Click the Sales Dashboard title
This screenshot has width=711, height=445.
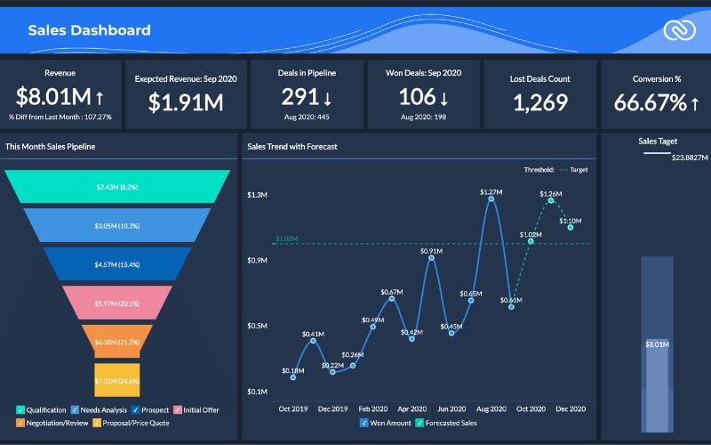89,30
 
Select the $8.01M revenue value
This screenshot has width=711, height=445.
53,97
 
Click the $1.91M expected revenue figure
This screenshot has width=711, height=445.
186,103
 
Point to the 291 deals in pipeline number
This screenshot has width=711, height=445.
299,97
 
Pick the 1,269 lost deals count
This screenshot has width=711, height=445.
540,102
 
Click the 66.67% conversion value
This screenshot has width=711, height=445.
650,102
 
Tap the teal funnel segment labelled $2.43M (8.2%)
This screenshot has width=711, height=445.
118,187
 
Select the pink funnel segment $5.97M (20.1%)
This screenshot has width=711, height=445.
118,303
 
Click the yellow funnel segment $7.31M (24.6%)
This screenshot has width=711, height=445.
117,381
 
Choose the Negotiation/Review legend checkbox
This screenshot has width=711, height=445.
21,423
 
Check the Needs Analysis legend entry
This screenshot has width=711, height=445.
74,410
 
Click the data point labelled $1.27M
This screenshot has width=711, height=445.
491,199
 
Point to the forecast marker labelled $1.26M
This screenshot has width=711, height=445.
551,200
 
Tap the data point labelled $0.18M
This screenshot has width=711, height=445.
292,377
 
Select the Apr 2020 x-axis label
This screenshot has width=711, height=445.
411,409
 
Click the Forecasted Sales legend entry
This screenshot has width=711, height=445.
450,423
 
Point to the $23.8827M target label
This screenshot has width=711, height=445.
690,158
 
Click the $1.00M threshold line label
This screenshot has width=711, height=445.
286,239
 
